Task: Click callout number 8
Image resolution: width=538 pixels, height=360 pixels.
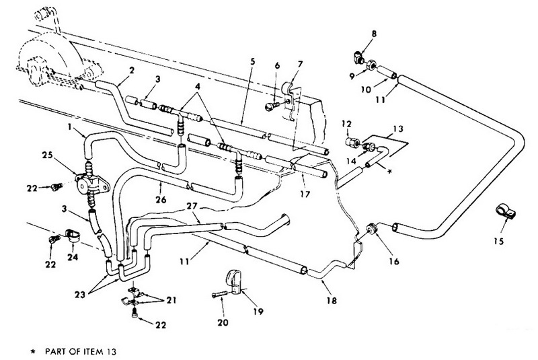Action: (374, 34)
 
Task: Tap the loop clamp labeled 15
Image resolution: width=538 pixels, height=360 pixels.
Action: (505, 212)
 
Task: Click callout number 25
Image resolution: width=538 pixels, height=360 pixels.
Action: (48, 155)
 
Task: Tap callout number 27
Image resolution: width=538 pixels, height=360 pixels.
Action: (192, 206)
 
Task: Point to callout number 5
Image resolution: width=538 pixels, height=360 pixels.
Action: (252, 62)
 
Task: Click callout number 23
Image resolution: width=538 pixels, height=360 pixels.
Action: (80, 295)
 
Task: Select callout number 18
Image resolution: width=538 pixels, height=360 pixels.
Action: (332, 301)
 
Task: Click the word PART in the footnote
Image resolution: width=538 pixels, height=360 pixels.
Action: (55, 351)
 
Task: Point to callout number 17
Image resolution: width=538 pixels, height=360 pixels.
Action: (305, 194)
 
